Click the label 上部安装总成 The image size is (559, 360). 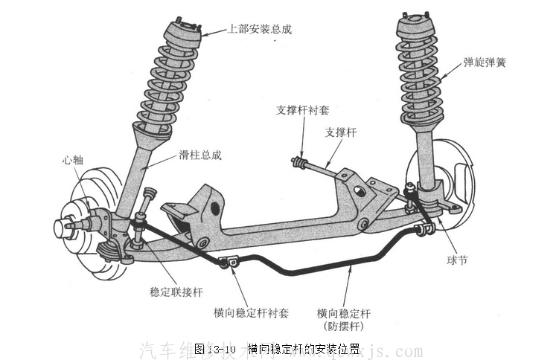click(x=260, y=30)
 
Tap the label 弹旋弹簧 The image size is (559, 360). click(x=485, y=63)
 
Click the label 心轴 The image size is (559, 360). click(x=73, y=159)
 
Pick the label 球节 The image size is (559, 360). click(x=456, y=260)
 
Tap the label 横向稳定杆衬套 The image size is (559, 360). click(x=252, y=312)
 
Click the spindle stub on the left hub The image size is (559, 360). click(x=66, y=226)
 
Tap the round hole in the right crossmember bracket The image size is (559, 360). click(x=360, y=190)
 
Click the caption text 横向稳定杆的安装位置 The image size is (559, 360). click(x=304, y=348)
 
